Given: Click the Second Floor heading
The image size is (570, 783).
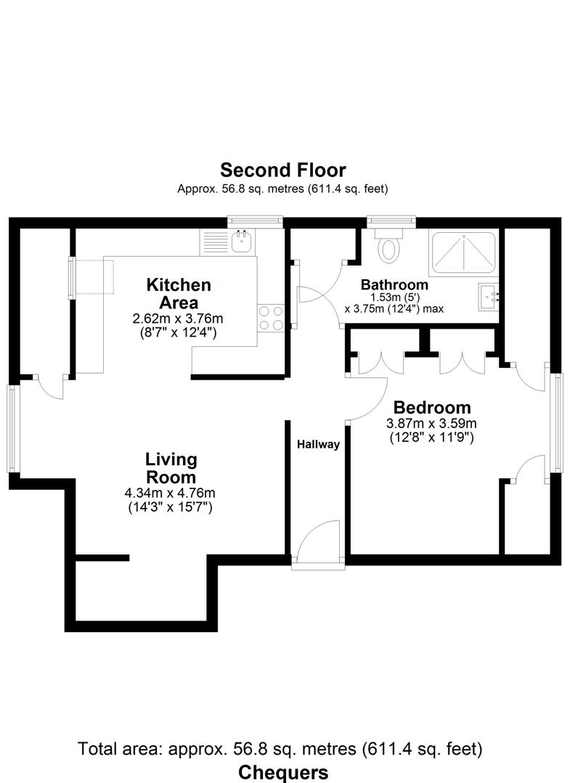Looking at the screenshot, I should click(283, 171).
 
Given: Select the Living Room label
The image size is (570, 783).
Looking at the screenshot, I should click(171, 468).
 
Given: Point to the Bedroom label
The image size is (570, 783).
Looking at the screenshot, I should click(431, 407).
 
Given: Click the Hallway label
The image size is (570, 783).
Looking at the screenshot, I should click(317, 445).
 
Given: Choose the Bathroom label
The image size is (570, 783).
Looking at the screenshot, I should click(394, 284).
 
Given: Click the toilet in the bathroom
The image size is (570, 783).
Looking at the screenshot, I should click(390, 247).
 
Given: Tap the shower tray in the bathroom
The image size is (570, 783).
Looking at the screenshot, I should click(462, 253).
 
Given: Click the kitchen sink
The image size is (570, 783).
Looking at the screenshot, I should click(240, 242).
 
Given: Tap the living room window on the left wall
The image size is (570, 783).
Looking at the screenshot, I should click(13, 428).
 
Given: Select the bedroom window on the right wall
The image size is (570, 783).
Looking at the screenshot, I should click(556, 422).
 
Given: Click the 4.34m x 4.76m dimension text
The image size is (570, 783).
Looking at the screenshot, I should click(171, 493).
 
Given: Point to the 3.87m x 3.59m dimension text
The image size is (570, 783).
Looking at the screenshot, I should click(431, 424).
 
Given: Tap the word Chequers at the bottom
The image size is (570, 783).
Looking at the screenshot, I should click(283, 771).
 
